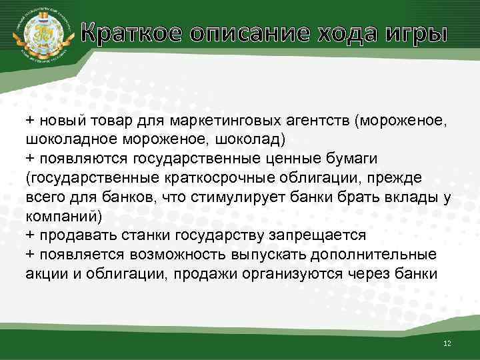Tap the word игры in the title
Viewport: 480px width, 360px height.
[x=415, y=33]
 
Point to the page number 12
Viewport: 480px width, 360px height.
[x=447, y=343]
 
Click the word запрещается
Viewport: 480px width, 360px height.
[x=315, y=235]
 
